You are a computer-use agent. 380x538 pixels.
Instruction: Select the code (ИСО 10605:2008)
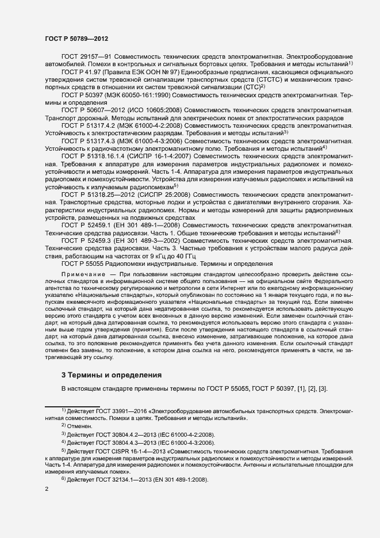[155, 109]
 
